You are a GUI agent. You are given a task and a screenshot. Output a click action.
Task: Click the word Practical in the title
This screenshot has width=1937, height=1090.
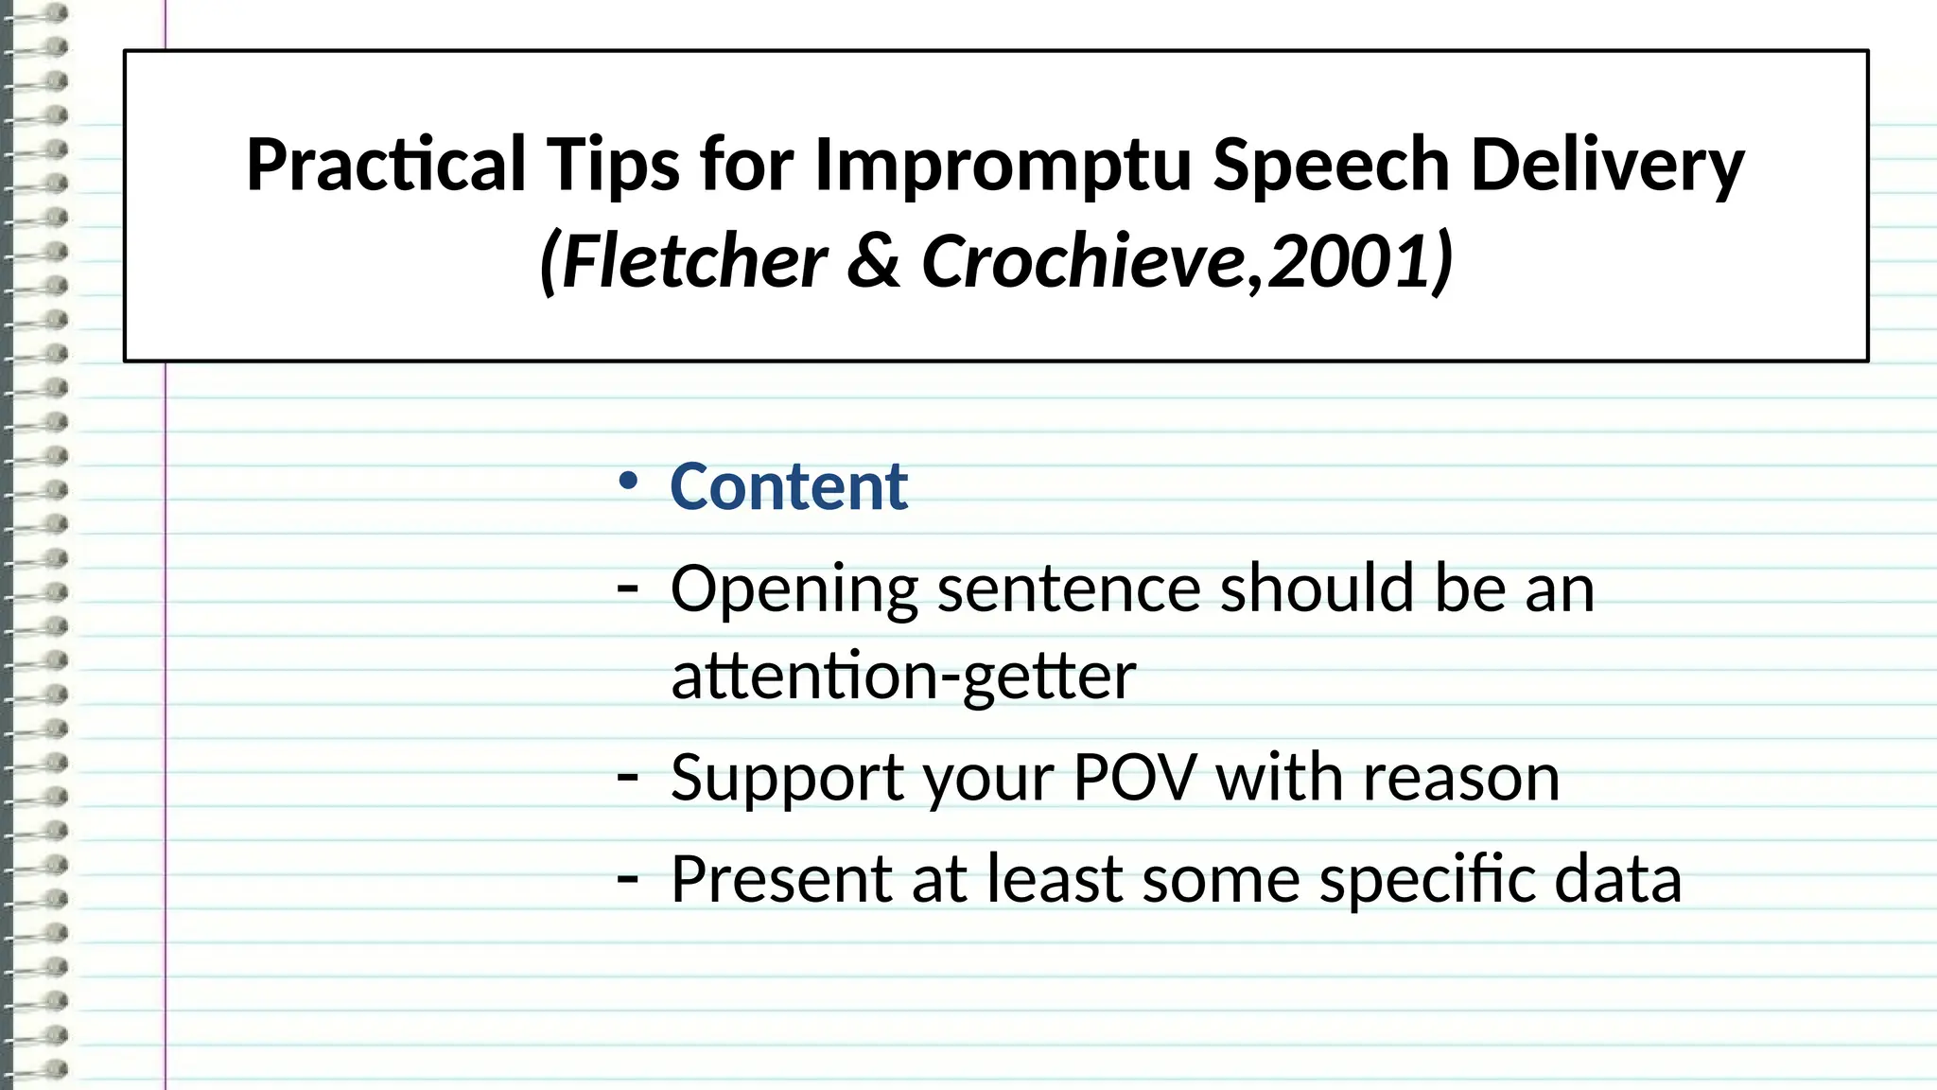pos(386,166)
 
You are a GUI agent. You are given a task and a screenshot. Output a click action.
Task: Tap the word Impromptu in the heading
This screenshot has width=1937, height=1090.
pos(1003,166)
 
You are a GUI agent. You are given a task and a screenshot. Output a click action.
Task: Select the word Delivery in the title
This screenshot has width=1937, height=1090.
pos(1607,166)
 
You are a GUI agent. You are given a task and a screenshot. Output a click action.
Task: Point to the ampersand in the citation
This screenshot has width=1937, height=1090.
pos(873,262)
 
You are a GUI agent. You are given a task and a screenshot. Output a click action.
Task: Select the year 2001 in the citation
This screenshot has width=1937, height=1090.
pos(1349,262)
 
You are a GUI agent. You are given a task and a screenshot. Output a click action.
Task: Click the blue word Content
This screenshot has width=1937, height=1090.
pos(789,487)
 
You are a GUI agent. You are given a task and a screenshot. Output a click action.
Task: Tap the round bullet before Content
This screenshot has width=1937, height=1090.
pos(627,482)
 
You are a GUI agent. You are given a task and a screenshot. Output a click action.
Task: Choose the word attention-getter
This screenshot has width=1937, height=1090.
pos(903,677)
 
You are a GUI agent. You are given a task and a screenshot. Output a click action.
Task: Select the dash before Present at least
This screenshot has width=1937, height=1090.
pos(627,879)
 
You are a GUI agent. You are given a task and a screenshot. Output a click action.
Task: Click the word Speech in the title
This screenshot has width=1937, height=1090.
pos(1332,166)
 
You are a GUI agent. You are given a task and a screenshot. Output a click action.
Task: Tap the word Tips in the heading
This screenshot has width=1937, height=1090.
pos(613,166)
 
